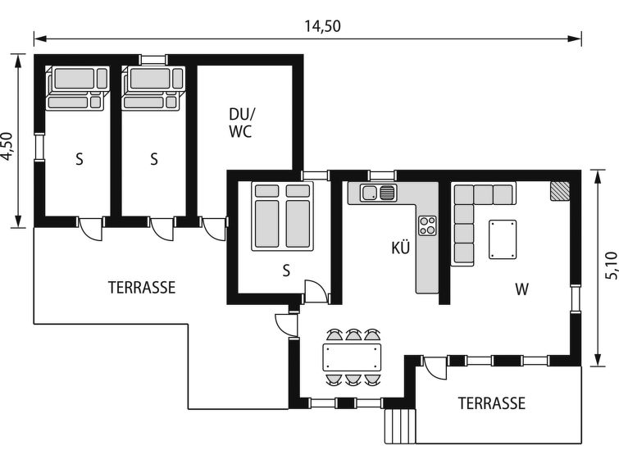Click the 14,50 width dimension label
322,26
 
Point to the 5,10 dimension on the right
610,265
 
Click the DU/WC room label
241,123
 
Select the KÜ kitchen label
400,248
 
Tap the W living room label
521,289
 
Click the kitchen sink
378,193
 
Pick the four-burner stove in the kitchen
427,225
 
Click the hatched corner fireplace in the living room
560,191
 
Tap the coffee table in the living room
503,239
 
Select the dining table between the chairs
353,357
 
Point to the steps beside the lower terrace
400,425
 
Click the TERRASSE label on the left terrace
142,288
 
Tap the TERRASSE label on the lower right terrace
491,403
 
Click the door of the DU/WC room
214,229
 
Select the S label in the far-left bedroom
80,160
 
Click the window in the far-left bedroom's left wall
39,147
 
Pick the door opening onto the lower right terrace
435,367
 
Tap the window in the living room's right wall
576,298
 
